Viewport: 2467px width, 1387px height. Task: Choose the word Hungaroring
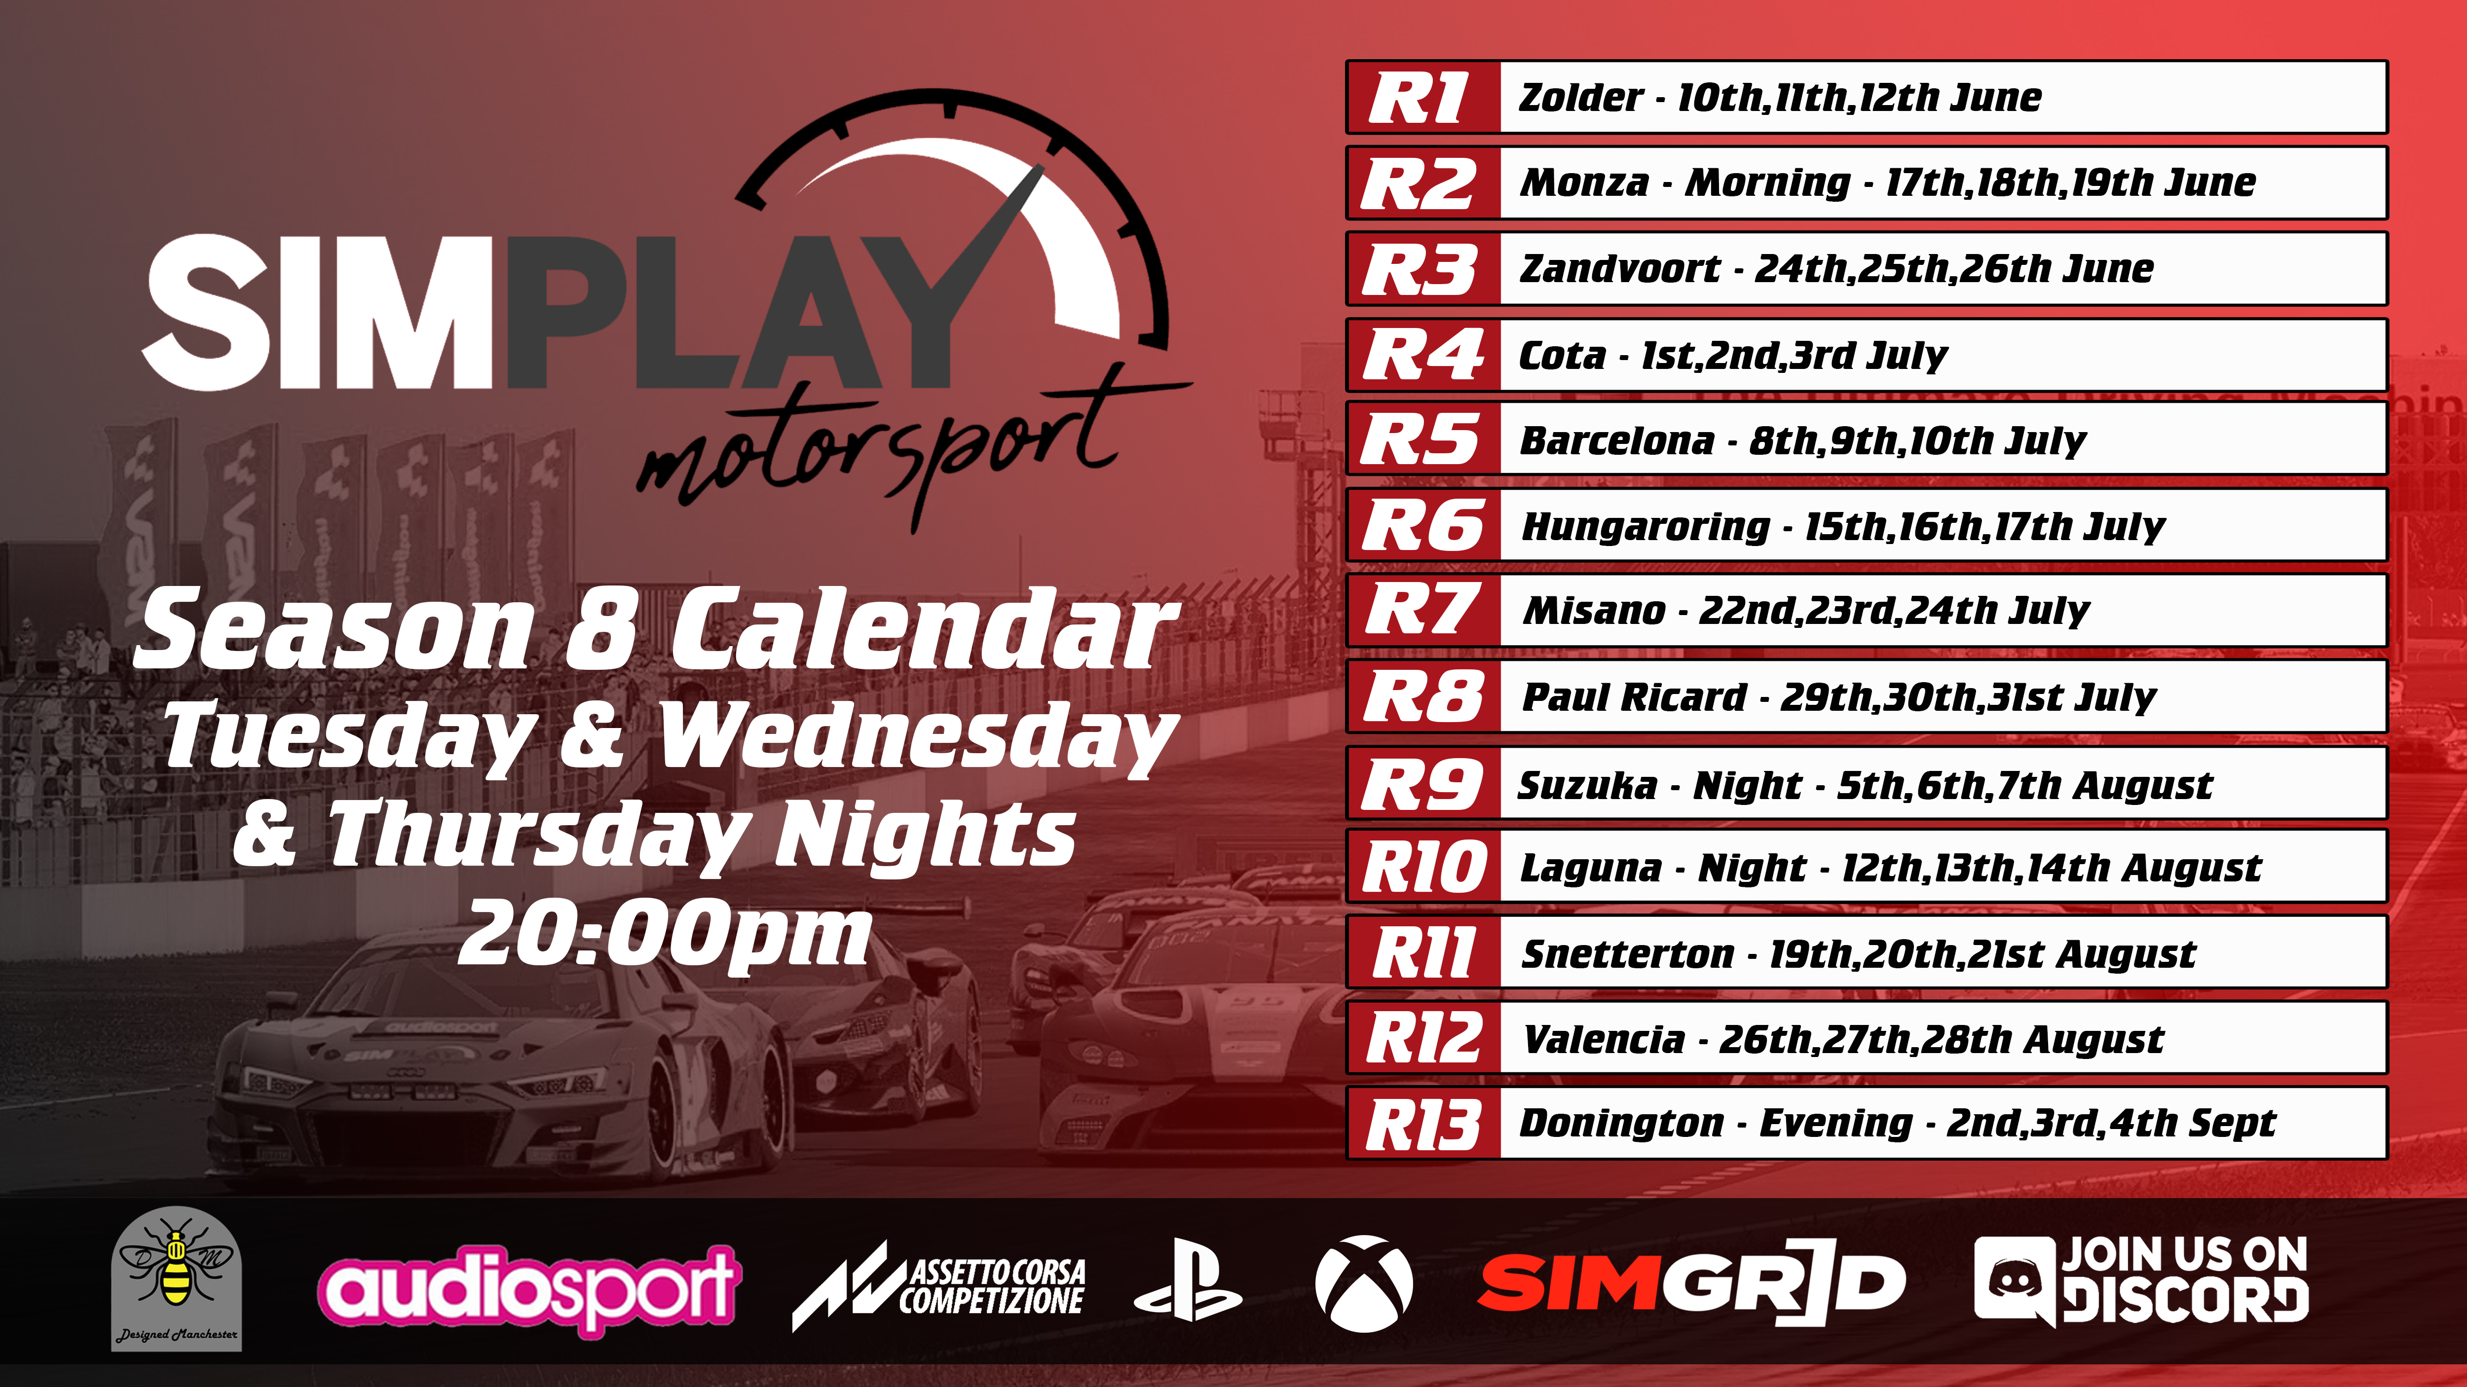tap(1645, 526)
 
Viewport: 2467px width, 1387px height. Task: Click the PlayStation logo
tap(1188, 1280)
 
